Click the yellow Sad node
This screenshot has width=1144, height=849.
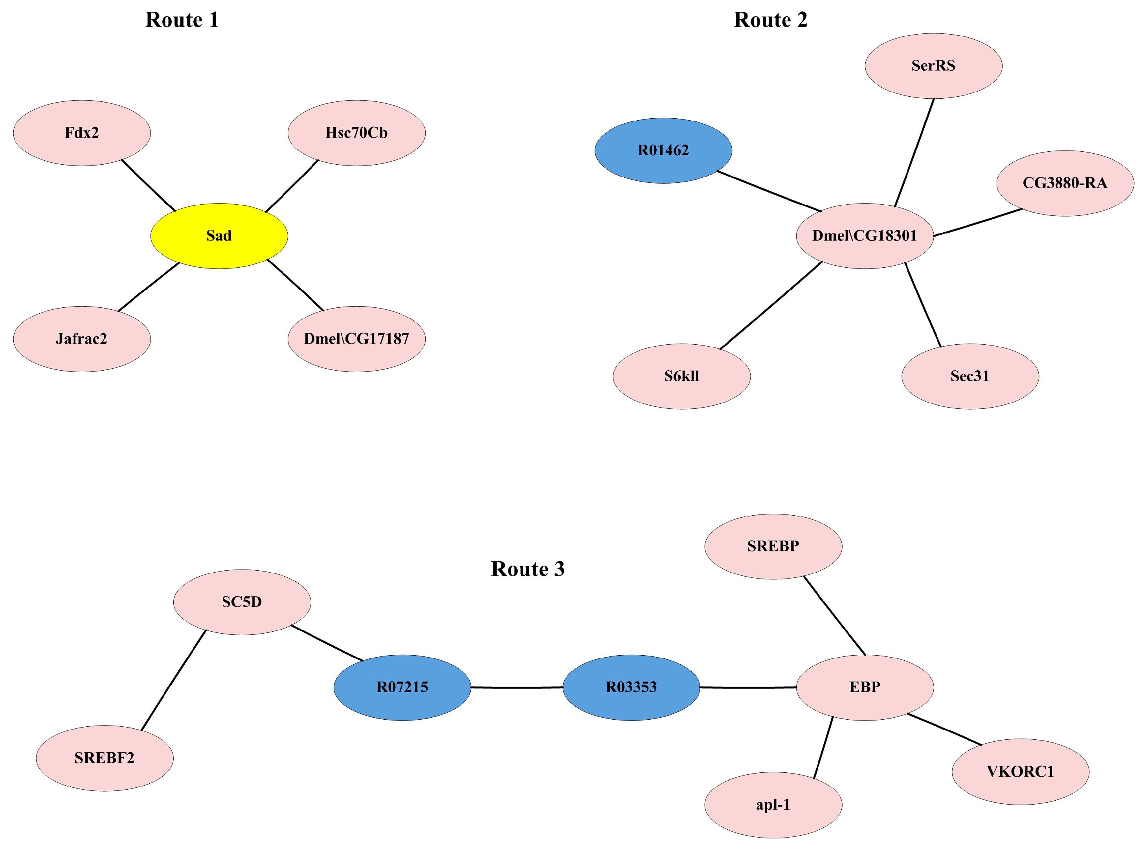(219, 236)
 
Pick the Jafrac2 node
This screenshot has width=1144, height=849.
(82, 339)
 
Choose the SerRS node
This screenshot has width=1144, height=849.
(933, 66)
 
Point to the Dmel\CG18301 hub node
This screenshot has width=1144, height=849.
(865, 236)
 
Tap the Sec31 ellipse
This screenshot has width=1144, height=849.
(970, 376)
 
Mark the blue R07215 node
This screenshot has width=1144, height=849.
(402, 687)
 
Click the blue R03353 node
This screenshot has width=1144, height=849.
(631, 687)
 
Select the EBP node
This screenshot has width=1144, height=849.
(865, 687)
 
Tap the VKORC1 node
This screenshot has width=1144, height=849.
(1020, 772)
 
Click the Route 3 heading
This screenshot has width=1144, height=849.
(527, 569)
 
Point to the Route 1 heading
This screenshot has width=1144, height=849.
(182, 20)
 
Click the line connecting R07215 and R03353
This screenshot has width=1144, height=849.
(516, 687)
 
